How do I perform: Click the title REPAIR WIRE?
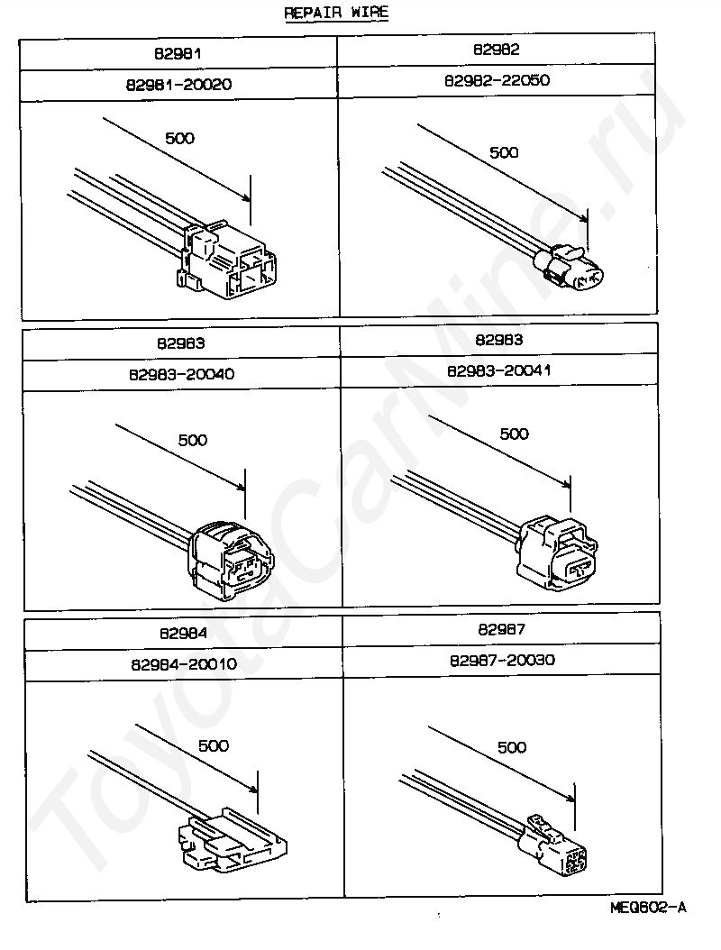pyautogui.click(x=337, y=14)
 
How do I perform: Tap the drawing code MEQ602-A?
pyautogui.click(x=646, y=907)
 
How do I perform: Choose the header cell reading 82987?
pyautogui.click(x=502, y=630)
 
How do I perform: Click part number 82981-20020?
pyautogui.click(x=179, y=84)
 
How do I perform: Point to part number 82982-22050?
pyautogui.click(x=497, y=80)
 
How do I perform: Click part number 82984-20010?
pyautogui.click(x=183, y=664)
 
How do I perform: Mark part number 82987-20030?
pyautogui.click(x=502, y=661)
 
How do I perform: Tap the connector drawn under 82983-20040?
pyautogui.click(x=229, y=559)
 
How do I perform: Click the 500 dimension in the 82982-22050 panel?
pyautogui.click(x=504, y=152)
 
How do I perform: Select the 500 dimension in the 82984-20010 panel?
pyautogui.click(x=214, y=745)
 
